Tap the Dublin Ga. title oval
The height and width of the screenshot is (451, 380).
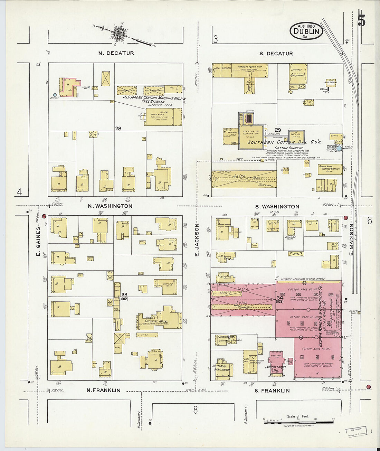[x=306, y=31]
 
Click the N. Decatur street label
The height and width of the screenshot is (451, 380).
[x=116, y=53]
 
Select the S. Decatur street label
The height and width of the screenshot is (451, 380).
[x=276, y=54]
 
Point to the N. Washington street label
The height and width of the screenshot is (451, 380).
[x=110, y=206]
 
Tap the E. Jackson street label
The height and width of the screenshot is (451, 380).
[x=197, y=239]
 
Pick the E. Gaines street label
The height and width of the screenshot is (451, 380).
[x=38, y=242]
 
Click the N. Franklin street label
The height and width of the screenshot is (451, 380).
[x=103, y=390]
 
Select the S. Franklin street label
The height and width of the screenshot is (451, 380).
[x=272, y=391]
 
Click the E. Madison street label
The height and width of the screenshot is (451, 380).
[x=351, y=239]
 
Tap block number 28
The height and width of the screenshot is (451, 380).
[x=118, y=129]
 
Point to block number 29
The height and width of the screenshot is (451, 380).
[x=278, y=130]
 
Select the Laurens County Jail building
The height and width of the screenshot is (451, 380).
[x=275, y=361]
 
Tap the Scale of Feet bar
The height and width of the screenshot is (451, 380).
[x=299, y=419]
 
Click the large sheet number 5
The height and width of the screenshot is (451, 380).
[x=361, y=21]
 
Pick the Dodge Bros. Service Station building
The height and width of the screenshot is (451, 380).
[x=330, y=169]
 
